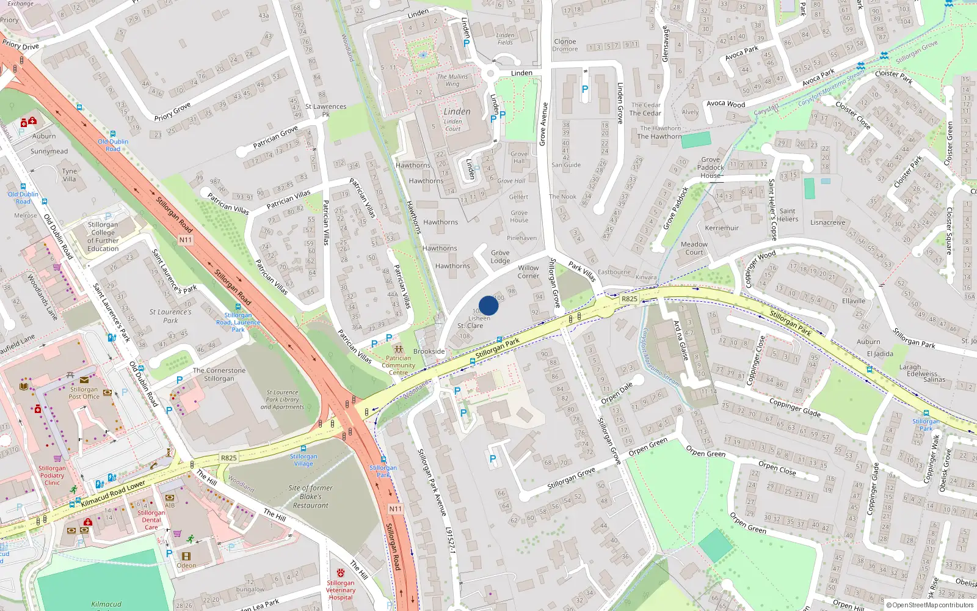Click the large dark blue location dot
[x=488, y=305]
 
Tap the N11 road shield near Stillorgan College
[x=186, y=240]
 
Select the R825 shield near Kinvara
[x=629, y=299]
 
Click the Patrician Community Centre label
[x=398, y=365]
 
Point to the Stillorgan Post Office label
[x=84, y=393]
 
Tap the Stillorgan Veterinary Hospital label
[x=340, y=590]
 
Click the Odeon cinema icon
[x=186, y=556]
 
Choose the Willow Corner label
[x=528, y=272]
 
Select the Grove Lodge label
[x=500, y=257]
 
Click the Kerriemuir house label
[x=722, y=228]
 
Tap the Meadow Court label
[x=694, y=248]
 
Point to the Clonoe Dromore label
[x=565, y=45]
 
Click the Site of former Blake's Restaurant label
[x=310, y=497]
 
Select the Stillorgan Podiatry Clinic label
[x=52, y=475]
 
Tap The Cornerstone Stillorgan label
[x=219, y=375]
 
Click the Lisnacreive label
[x=828, y=222]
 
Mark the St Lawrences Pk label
[x=325, y=110]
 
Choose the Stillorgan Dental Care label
[x=151, y=520]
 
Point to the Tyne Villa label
[x=70, y=175]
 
